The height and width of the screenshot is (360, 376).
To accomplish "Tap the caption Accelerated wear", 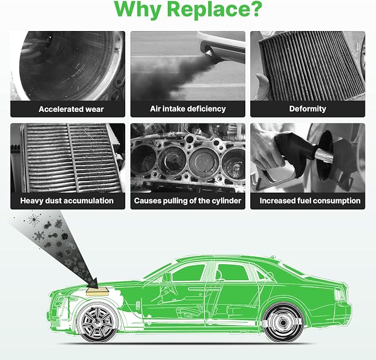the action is pos(71,109).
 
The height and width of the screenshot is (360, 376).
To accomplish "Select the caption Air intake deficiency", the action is pos(188,109).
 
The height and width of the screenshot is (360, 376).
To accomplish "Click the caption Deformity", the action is pos(308,109).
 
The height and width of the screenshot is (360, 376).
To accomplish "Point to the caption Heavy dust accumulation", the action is pos(67,200).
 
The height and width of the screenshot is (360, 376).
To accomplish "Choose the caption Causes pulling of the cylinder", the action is pos(188,200).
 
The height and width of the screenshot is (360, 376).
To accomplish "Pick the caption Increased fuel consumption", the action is pos(310,200).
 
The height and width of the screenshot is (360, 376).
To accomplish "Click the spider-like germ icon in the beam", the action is pos(34,219).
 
